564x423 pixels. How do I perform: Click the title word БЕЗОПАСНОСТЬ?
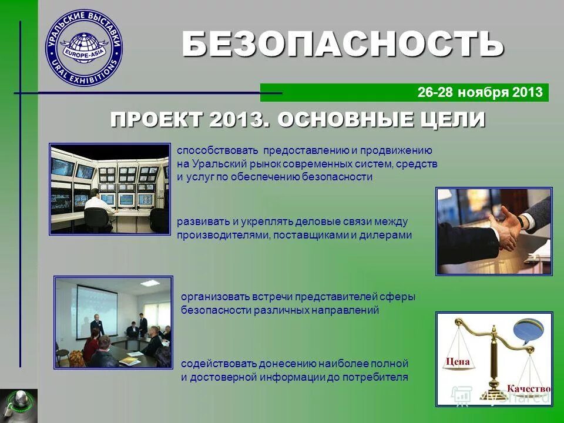tap(343, 44)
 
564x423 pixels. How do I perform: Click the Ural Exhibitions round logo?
tap(84, 48)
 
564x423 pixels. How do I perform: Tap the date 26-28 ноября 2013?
tap(479, 93)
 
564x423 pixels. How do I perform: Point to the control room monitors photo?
tap(109, 189)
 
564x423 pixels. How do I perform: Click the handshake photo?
tap(493, 231)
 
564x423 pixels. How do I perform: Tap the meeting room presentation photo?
tap(113, 323)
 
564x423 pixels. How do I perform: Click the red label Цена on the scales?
tap(459, 361)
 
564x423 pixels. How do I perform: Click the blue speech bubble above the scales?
tap(528, 331)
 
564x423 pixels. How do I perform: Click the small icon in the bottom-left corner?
tap(18, 405)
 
